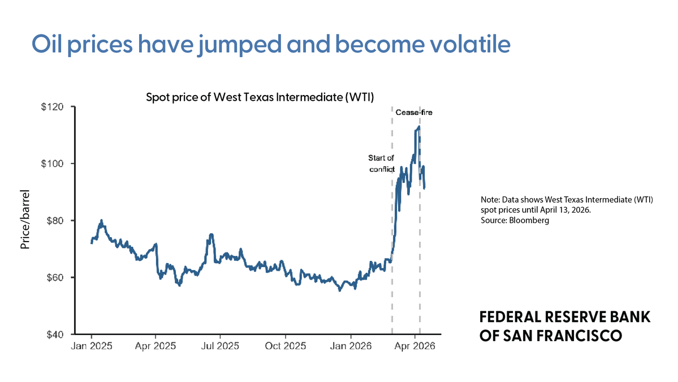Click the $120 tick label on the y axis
pos(53,107)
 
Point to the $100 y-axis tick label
pos(53,164)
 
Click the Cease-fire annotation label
pos(414,113)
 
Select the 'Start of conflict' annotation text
pos(381,164)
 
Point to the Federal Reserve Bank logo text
pos(564,326)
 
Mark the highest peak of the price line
pos(418,127)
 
